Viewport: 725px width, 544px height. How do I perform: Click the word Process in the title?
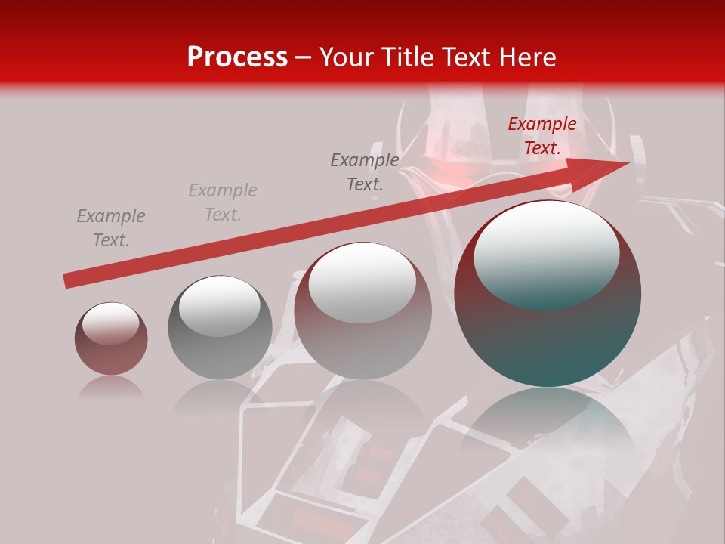pos(237,57)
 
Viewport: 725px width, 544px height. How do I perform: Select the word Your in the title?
pos(347,57)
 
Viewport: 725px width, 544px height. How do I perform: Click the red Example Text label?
pos(541,136)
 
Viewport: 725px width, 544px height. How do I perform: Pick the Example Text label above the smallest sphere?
pos(111,228)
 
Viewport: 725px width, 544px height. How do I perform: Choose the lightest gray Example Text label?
pos(223,202)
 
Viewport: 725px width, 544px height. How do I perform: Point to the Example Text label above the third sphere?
pos(365,172)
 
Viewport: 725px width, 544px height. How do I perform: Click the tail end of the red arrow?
pos(69,280)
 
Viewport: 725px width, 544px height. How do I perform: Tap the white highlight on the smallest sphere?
pos(111,323)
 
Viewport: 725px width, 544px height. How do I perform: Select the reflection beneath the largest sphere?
pos(548,423)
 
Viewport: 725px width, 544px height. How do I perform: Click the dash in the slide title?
pos(303,58)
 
